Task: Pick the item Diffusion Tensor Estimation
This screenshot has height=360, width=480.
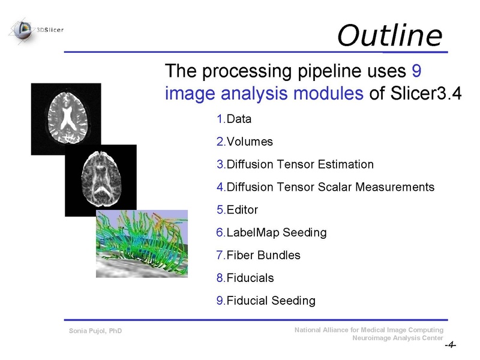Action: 295,164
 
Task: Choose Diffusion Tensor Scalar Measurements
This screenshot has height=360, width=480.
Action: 325,187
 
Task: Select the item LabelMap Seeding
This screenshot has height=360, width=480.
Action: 271,233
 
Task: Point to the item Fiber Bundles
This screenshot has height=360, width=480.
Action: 258,256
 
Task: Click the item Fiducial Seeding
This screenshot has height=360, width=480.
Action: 265,301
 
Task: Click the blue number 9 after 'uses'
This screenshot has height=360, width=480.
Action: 418,71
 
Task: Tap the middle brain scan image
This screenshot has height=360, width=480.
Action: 100,180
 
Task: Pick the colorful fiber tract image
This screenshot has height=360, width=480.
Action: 142,244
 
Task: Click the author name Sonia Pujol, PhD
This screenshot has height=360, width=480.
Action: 95,331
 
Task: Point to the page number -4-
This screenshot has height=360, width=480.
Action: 450,346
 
